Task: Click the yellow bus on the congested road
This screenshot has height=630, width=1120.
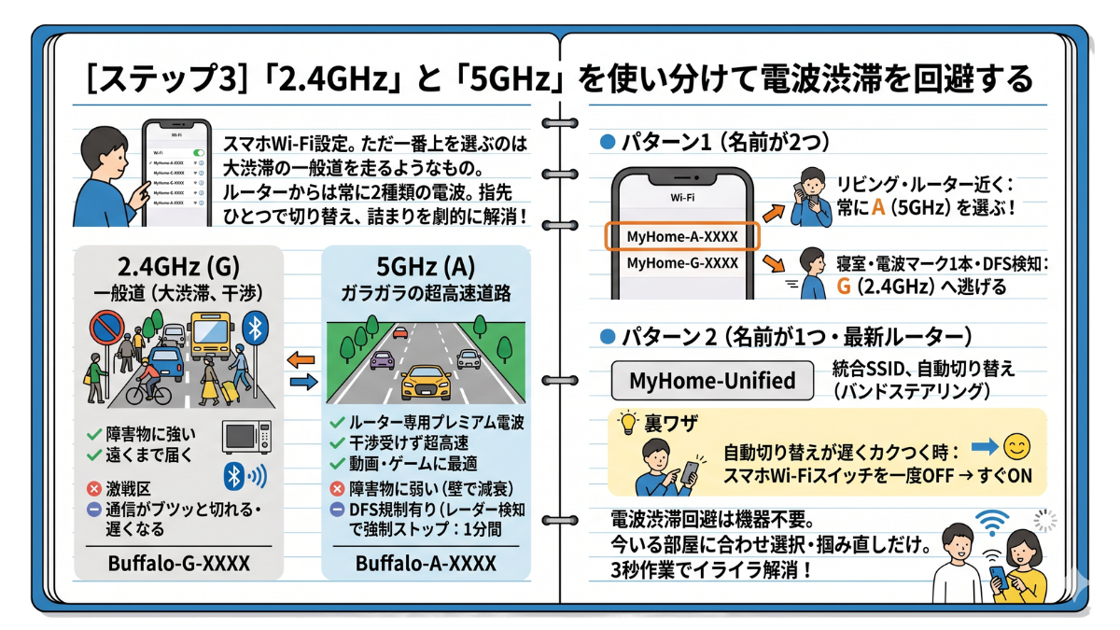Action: click(x=210, y=337)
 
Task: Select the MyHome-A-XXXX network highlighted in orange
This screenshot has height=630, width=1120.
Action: click(x=682, y=237)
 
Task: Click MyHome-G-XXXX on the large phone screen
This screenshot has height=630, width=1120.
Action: click(x=682, y=263)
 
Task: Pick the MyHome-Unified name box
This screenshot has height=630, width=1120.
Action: click(x=712, y=381)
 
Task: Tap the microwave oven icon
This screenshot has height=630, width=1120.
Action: click(x=246, y=436)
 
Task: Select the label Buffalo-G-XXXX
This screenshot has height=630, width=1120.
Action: click(x=174, y=564)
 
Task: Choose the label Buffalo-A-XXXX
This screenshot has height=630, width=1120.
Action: click(x=426, y=564)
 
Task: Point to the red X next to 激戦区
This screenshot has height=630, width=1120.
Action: click(x=92, y=488)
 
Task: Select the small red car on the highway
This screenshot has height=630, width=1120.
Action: click(x=399, y=332)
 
